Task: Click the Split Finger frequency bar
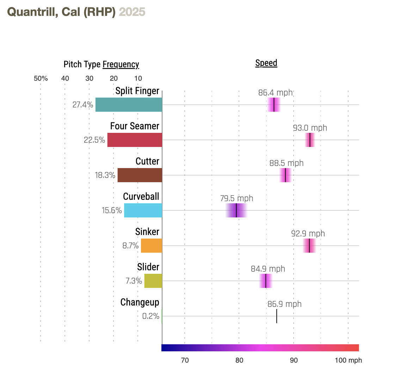click(129, 105)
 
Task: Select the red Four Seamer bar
click(135, 140)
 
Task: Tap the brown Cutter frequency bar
click(140, 175)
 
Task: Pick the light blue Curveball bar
click(143, 210)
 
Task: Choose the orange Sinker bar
click(152, 246)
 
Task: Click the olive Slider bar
click(153, 281)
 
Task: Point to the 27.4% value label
click(83, 105)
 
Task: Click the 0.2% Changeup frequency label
click(150, 316)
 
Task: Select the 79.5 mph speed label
click(237, 198)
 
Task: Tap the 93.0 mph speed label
click(310, 128)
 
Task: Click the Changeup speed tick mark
click(277, 316)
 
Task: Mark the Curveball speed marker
click(236, 210)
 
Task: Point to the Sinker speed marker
click(309, 246)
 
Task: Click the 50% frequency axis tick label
click(41, 79)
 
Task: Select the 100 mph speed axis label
click(348, 360)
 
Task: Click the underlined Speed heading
click(266, 63)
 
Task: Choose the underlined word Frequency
click(121, 64)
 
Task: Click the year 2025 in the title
click(132, 12)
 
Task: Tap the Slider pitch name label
click(148, 267)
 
